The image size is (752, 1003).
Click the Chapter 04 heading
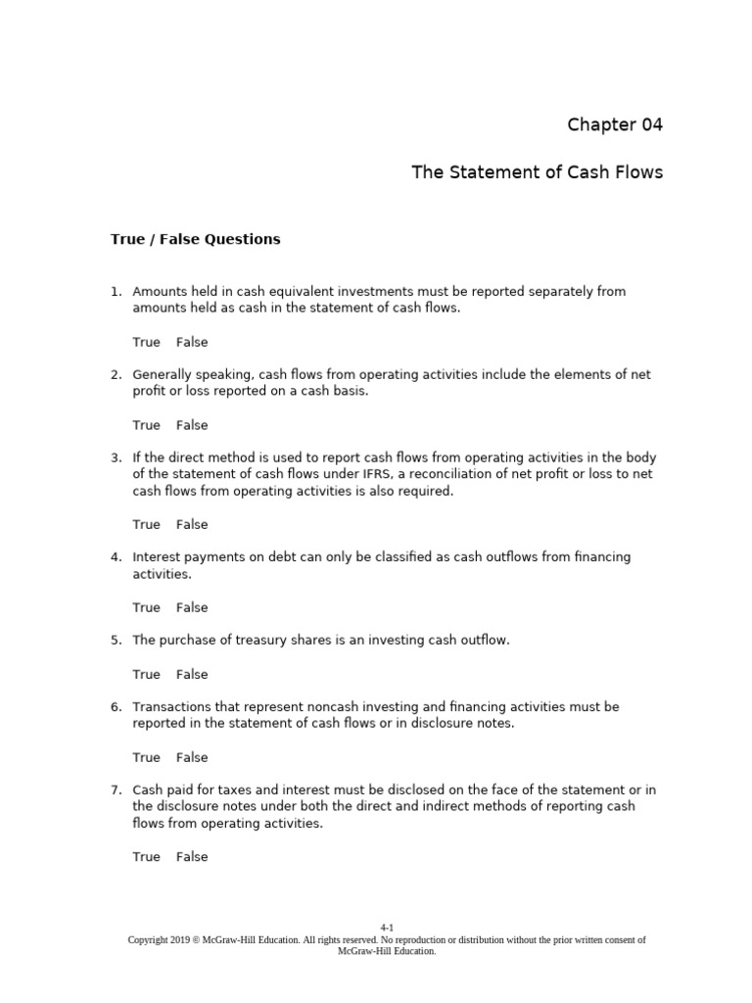[x=615, y=124]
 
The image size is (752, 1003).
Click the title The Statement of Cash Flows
[x=537, y=172]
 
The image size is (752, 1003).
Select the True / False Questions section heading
[x=195, y=239]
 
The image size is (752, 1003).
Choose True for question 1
[x=146, y=342]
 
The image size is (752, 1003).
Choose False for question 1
[x=192, y=342]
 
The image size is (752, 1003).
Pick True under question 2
[x=146, y=425]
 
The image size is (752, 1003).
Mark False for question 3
[x=192, y=524]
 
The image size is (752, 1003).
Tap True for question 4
[x=146, y=607]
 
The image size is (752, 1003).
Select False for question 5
[x=192, y=674]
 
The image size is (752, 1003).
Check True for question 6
[x=146, y=757]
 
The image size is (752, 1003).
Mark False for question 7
[x=192, y=857]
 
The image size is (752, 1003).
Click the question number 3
[x=116, y=457]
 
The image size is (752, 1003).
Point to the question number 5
[x=116, y=640]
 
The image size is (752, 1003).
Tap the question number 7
[x=116, y=790]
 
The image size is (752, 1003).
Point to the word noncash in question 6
[x=315, y=707]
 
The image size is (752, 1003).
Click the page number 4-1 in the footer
[x=387, y=927]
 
